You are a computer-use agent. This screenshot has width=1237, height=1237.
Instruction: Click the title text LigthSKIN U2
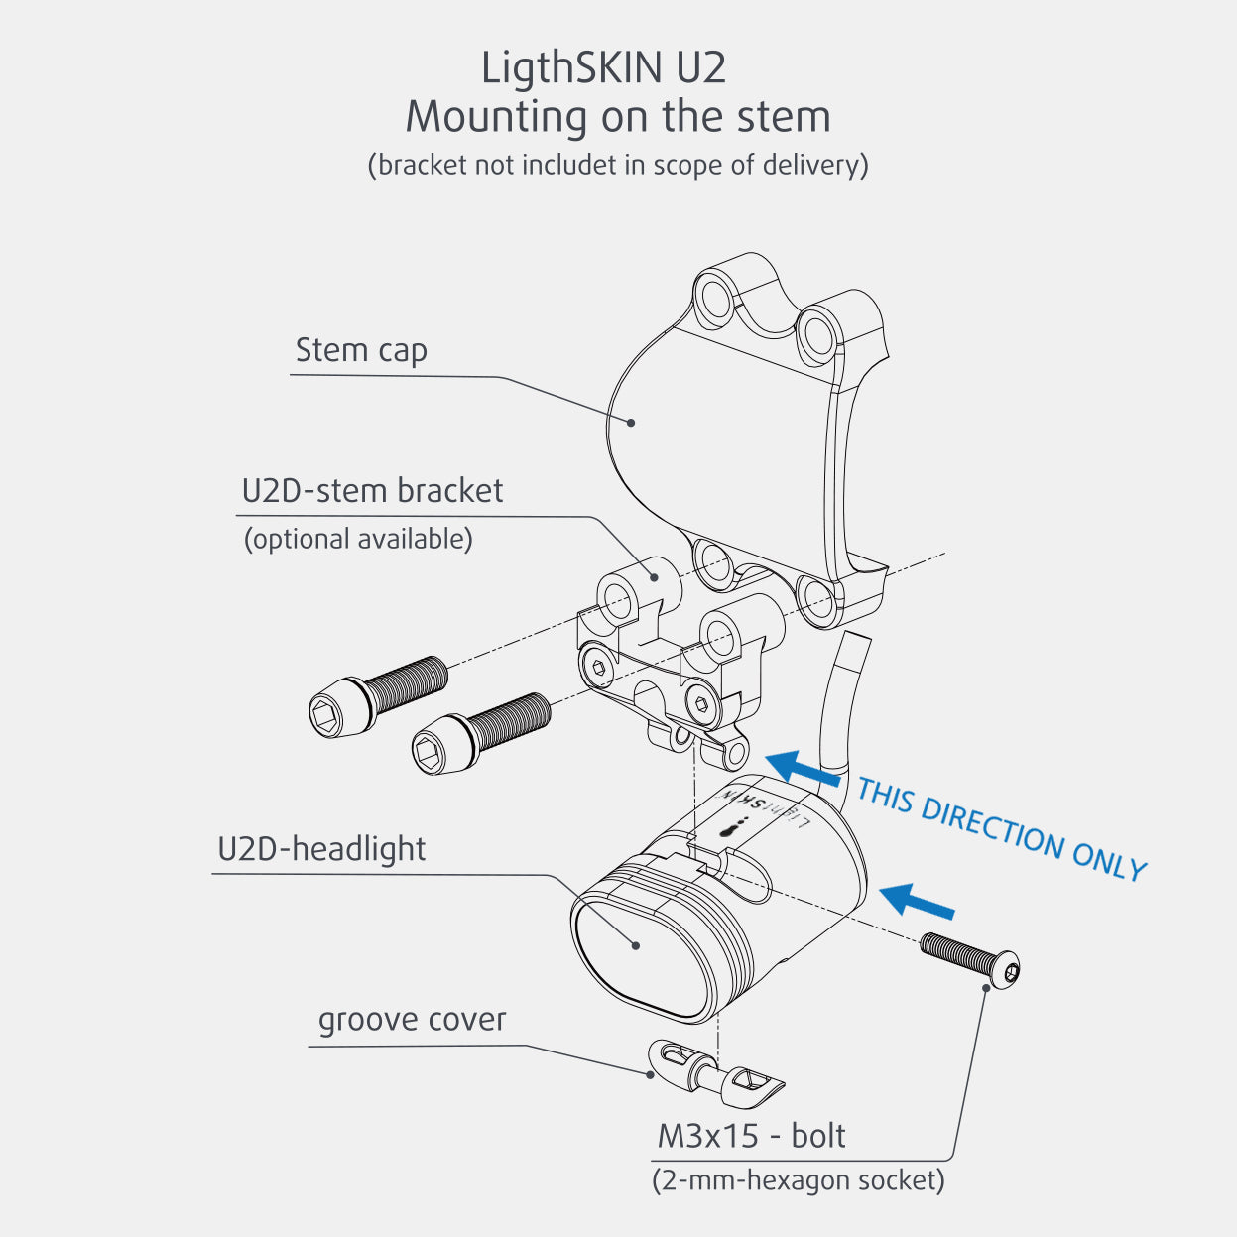(x=603, y=68)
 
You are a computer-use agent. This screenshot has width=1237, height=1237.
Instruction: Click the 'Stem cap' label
(x=361, y=350)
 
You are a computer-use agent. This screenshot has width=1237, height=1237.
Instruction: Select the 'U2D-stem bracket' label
(x=372, y=491)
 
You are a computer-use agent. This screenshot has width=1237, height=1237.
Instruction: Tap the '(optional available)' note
(x=358, y=539)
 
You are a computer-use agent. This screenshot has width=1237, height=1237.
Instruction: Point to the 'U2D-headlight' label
(x=321, y=849)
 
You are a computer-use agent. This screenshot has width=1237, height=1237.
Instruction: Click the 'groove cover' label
(x=412, y=1020)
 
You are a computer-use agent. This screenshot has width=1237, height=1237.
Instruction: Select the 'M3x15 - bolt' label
(x=751, y=1136)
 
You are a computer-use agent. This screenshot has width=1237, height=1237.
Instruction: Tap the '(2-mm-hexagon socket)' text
(x=799, y=1180)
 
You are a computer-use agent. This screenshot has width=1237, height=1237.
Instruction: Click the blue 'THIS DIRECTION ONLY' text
(x=1001, y=829)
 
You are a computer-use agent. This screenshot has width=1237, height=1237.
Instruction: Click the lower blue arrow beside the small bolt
(x=916, y=900)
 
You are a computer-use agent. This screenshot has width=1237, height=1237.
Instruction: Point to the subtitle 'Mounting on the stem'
(x=617, y=117)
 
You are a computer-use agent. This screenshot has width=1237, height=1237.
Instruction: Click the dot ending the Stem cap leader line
(x=632, y=423)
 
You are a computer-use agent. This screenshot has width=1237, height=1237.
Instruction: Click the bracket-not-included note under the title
(x=617, y=165)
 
